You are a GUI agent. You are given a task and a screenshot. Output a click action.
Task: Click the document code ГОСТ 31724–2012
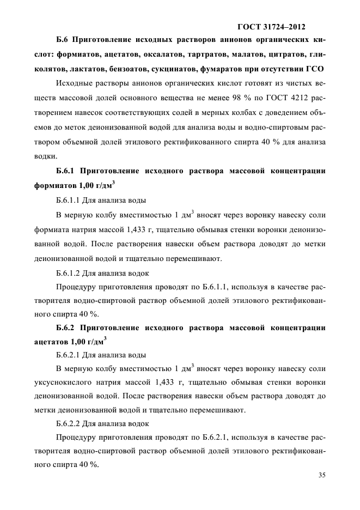pos(271,26)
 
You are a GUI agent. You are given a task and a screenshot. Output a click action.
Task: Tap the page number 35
pos(321,475)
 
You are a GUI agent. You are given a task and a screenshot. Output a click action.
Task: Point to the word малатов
pos(252,56)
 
